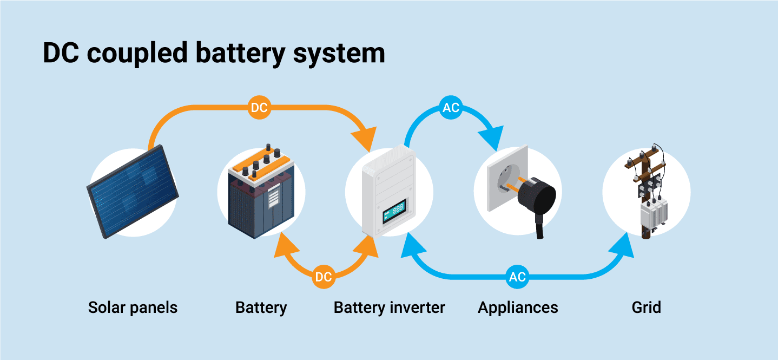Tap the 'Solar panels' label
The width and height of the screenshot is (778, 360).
coord(133,308)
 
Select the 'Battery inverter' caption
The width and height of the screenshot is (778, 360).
coord(389,308)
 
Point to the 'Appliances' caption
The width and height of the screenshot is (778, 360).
coord(518,308)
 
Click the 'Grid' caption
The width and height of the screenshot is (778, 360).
coord(646,308)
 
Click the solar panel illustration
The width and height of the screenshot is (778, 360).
coord(133,192)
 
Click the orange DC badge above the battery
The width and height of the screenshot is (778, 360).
coord(259,108)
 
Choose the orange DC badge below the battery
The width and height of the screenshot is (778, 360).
coord(324,277)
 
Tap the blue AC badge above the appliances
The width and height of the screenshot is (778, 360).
coord(451,108)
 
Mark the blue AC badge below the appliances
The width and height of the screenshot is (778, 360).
coord(517,277)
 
